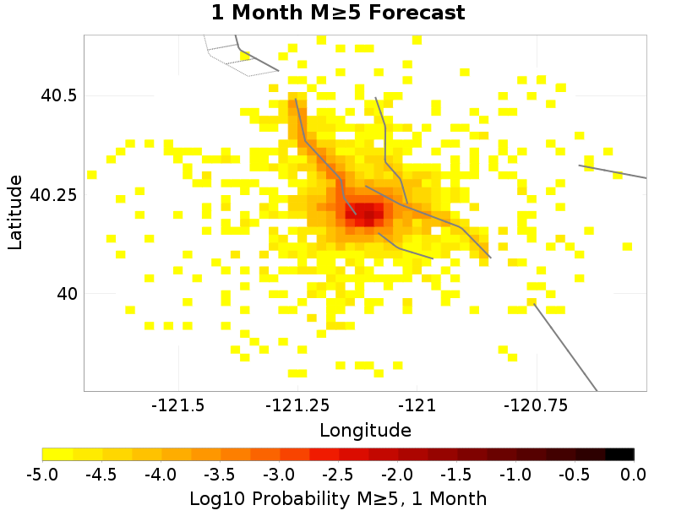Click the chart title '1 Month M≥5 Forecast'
337,14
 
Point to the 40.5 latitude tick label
59,95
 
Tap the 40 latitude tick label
66,294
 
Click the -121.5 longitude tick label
177,405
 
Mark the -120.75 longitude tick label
537,405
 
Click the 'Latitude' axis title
15,212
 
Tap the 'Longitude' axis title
365,430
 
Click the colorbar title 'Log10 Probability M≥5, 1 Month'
338,499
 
